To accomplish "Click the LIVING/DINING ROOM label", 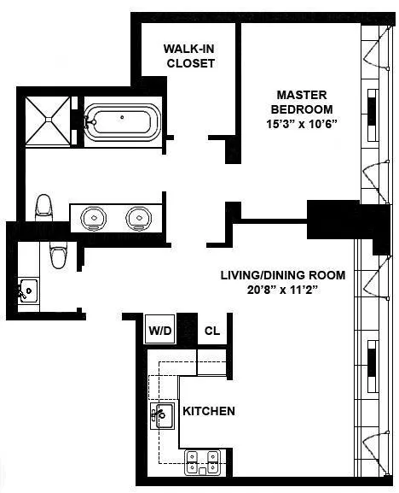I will [282, 275].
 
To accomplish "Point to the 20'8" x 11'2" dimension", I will [282, 291].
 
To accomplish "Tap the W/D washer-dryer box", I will [159, 330].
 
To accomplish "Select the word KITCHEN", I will [209, 411].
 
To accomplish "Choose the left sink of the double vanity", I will [93, 218].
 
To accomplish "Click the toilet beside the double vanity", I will [43, 207].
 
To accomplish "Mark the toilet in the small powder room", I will [59, 254].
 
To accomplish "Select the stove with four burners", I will [204, 462].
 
